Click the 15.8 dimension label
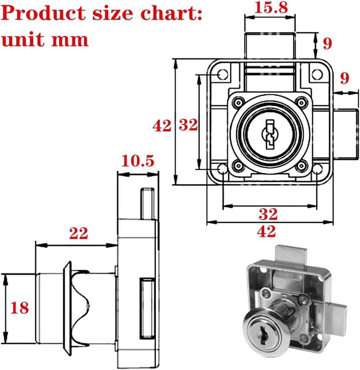tap(271, 8)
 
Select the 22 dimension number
tap(79, 234)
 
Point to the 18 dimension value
tap(19, 308)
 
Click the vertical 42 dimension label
tap(161, 126)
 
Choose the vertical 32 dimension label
tap(188, 125)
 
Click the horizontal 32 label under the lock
tap(268, 214)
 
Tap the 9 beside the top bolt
tap(327, 43)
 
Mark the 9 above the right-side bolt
tap(345, 78)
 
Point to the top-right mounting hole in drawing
tap(317, 74)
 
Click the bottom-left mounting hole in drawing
tap(223, 169)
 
